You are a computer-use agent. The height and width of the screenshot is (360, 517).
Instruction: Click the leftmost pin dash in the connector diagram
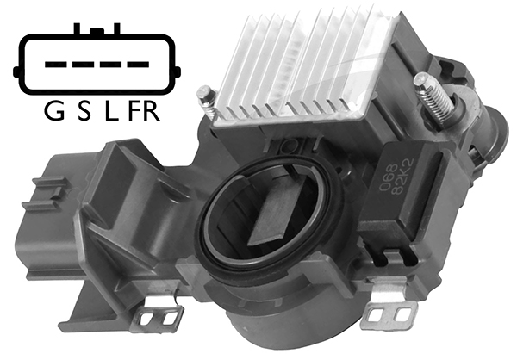click(53, 64)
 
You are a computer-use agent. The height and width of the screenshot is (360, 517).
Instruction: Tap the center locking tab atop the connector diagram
click(98, 32)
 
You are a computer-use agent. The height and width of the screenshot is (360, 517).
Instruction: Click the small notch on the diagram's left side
click(18, 65)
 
